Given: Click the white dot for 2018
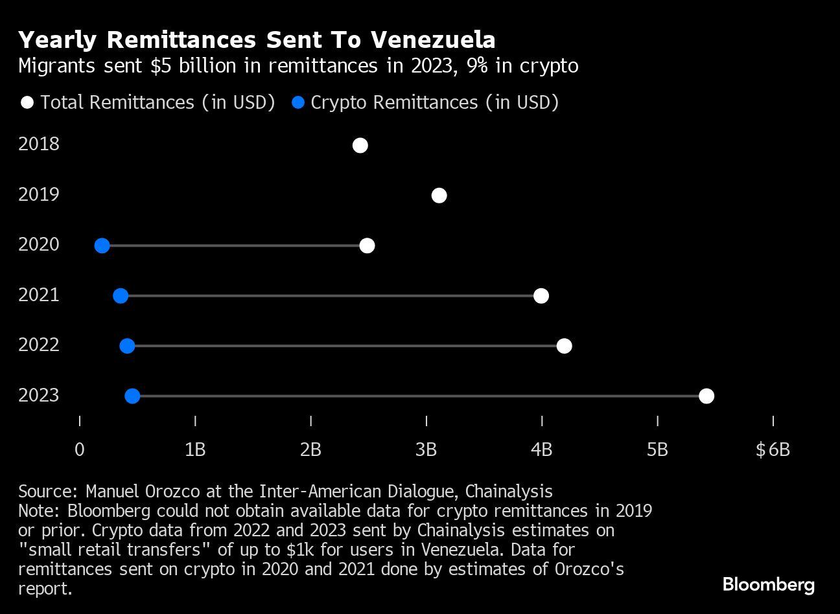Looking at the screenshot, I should tap(360, 146).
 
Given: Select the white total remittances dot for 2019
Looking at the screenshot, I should tap(439, 196).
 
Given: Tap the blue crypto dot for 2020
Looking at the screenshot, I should tap(102, 245).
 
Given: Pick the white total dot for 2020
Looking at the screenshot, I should tap(367, 245).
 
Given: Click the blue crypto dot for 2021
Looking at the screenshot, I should tap(121, 296).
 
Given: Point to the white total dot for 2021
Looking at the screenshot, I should tap(541, 296).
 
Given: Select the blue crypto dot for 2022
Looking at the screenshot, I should tap(127, 346).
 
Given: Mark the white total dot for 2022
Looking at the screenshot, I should tap(565, 346).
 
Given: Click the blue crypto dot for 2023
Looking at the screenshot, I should tap(132, 396).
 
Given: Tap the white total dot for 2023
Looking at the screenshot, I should tap(706, 396).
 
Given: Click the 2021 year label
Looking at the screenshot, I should tap(39, 295).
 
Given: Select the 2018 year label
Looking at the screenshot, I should tap(39, 144).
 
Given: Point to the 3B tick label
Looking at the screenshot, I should tap(426, 449).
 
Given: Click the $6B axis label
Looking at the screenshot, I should tap(773, 449).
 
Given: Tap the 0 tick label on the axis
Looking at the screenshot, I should tap(80, 449).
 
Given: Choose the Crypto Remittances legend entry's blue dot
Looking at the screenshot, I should tap(298, 103).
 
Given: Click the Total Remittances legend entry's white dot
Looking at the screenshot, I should tap(27, 103).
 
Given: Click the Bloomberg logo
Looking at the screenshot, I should tap(769, 585).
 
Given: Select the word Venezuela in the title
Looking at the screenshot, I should tap(433, 40).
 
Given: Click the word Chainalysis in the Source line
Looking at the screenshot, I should tap(509, 491).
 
